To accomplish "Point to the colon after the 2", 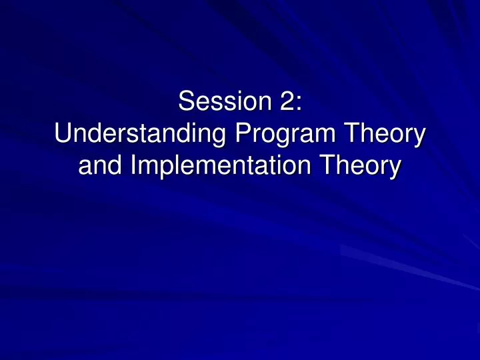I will [299, 104].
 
